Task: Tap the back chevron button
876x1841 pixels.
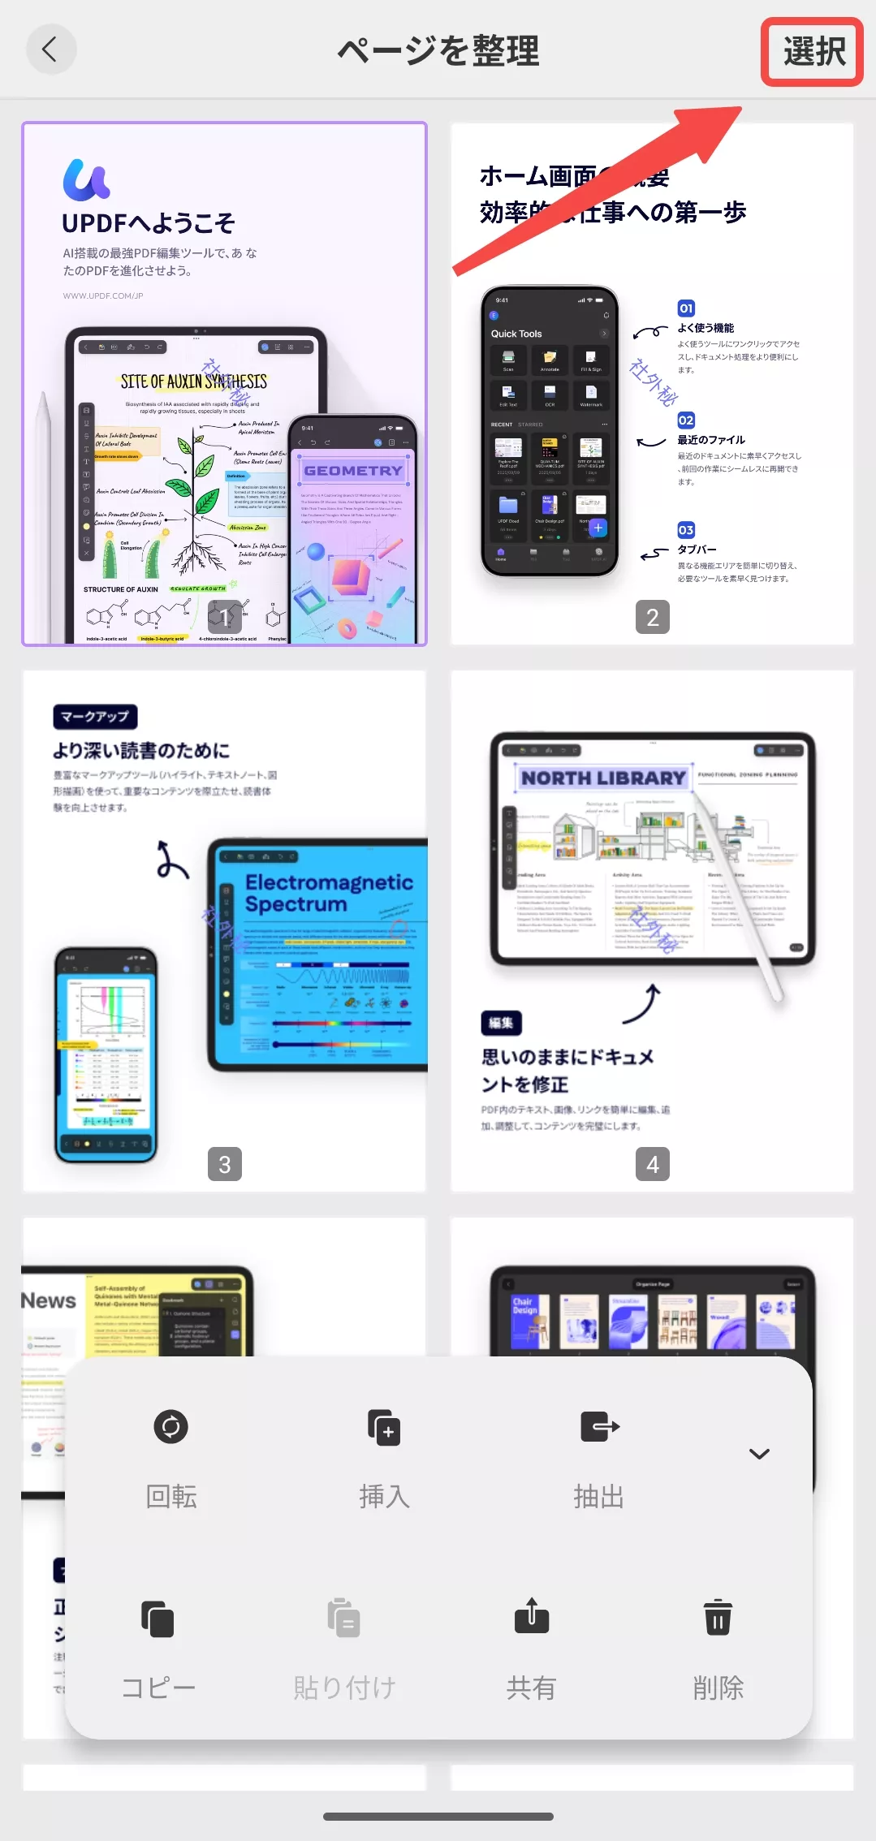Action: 51,50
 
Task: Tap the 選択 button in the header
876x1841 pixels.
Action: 813,52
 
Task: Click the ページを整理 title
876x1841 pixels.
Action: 438,51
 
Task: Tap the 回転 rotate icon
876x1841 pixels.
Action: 170,1426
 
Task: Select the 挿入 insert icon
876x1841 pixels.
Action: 384,1426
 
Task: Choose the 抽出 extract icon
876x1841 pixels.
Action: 599,1426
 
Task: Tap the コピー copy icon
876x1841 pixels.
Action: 158,1619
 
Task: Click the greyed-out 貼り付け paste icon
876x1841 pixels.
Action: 344,1619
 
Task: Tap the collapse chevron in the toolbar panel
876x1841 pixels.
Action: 759,1453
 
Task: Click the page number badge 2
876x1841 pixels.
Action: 652,618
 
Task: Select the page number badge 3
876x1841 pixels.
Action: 225,1164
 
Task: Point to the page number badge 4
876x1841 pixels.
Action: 652,1164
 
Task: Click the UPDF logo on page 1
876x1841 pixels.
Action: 86,179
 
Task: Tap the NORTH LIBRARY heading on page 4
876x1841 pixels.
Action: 603,778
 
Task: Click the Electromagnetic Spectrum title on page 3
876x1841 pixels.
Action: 329,893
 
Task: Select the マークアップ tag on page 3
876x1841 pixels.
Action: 95,717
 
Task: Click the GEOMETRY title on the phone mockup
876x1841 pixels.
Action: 353,471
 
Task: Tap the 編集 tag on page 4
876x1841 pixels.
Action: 501,1023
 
